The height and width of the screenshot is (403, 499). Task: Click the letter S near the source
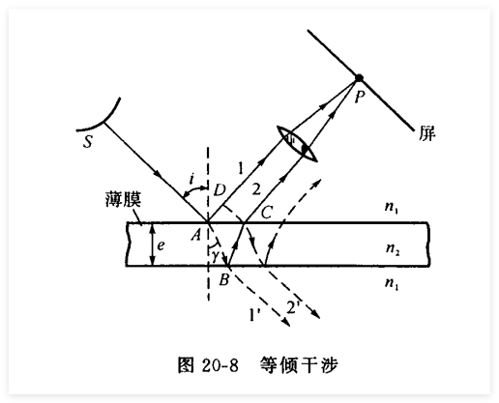click(x=88, y=141)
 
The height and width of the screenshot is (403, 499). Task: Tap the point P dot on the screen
click(x=359, y=78)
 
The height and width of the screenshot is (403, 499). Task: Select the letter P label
click(x=360, y=96)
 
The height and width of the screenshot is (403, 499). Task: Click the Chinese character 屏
click(x=426, y=133)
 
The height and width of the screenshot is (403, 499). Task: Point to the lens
click(x=298, y=144)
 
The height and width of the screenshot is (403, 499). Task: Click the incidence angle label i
click(x=192, y=178)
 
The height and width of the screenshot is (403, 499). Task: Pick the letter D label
click(x=220, y=190)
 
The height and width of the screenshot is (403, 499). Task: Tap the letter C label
click(x=267, y=213)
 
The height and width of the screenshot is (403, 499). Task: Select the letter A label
click(x=195, y=234)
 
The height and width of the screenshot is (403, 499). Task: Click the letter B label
click(x=224, y=279)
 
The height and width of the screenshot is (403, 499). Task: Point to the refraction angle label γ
click(x=216, y=255)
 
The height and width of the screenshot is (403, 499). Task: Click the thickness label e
click(x=161, y=245)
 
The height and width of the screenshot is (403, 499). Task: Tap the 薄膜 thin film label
click(x=124, y=199)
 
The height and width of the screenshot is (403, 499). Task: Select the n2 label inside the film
click(x=393, y=248)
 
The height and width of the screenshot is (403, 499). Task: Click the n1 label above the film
click(x=392, y=207)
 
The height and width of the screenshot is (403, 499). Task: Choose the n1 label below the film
click(x=392, y=283)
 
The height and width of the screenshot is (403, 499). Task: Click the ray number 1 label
click(x=240, y=168)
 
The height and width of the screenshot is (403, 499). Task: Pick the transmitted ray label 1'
click(x=254, y=315)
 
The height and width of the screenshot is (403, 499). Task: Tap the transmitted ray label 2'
click(x=293, y=307)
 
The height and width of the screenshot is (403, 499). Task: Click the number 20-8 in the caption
click(x=220, y=365)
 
